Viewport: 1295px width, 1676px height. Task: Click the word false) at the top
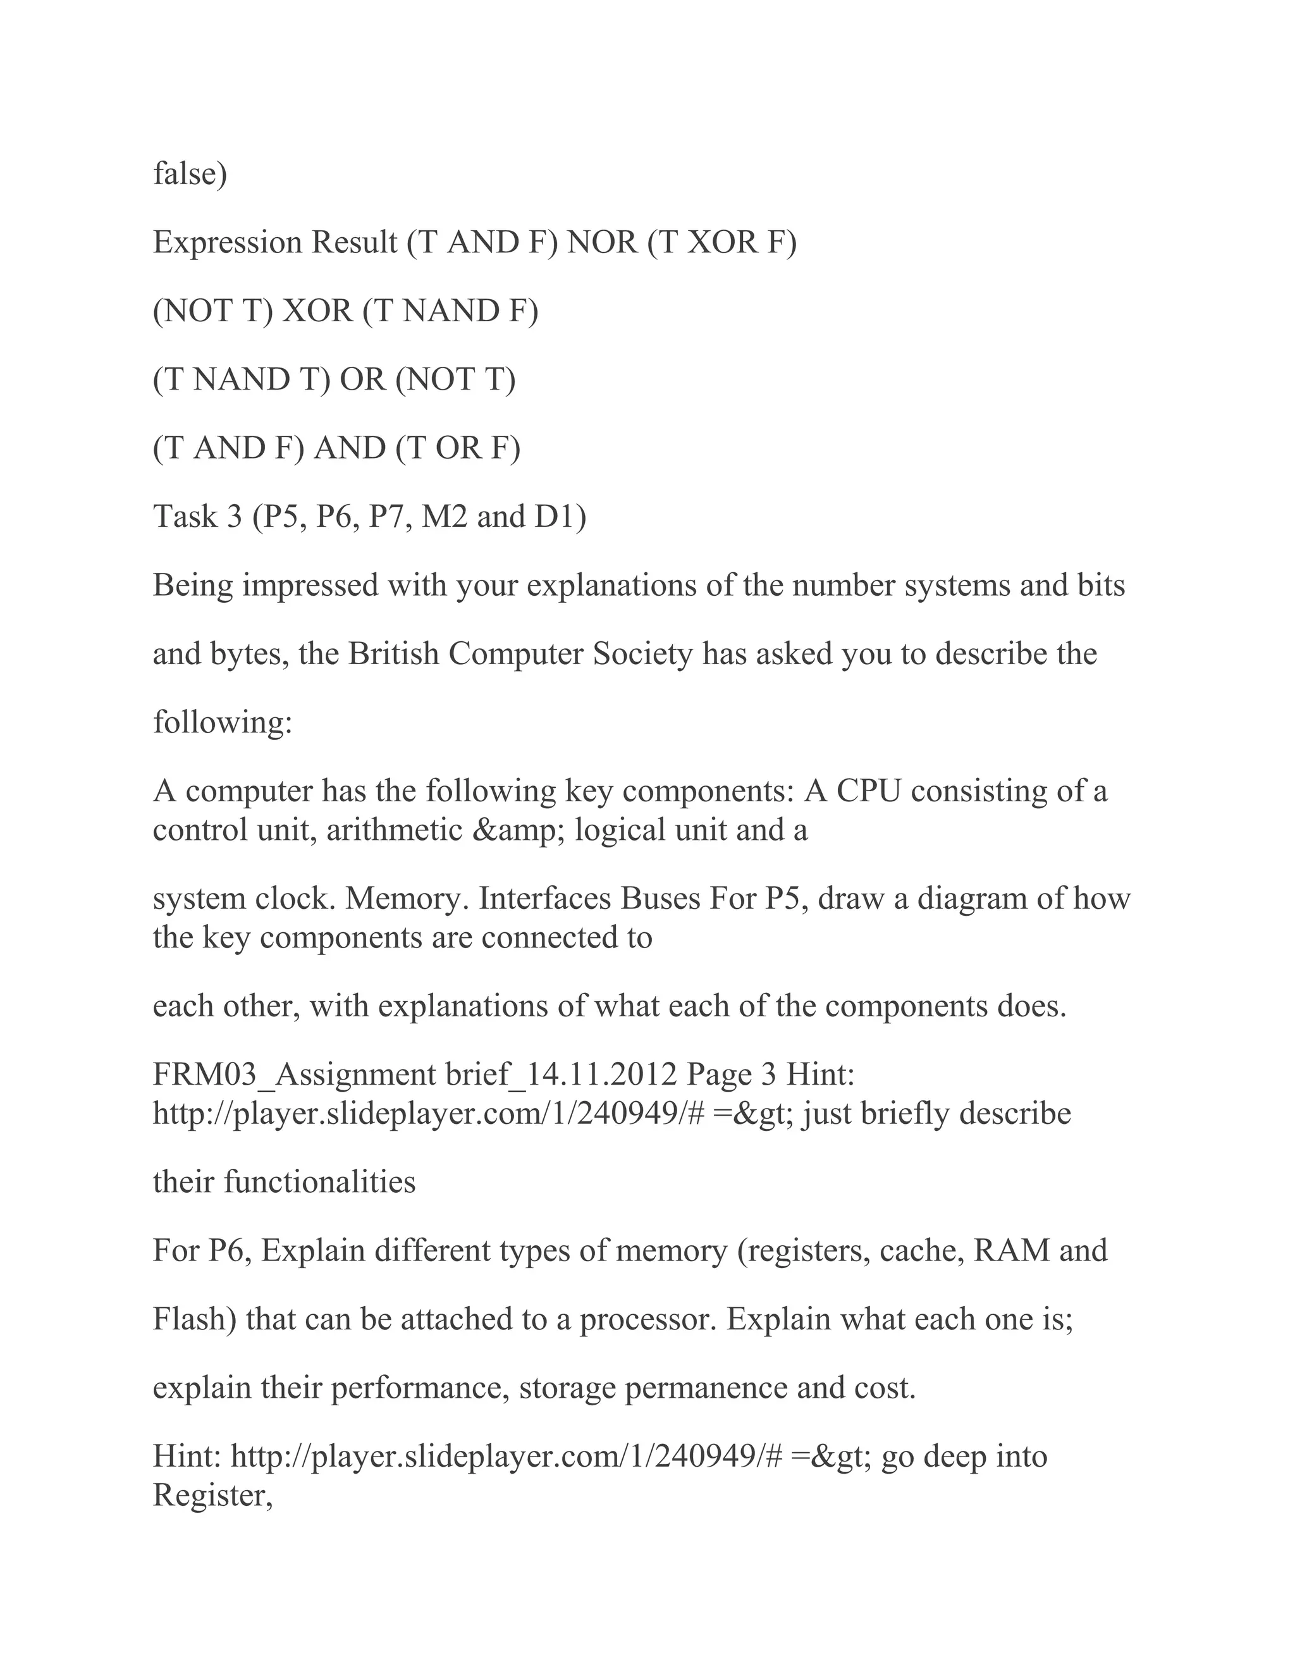coord(190,174)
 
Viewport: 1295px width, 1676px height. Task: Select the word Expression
coord(228,243)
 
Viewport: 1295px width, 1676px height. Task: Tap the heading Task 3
coord(197,517)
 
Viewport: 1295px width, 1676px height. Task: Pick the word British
coord(393,654)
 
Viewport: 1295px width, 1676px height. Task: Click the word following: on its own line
coord(223,723)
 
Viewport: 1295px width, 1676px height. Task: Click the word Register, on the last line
coord(212,1496)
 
